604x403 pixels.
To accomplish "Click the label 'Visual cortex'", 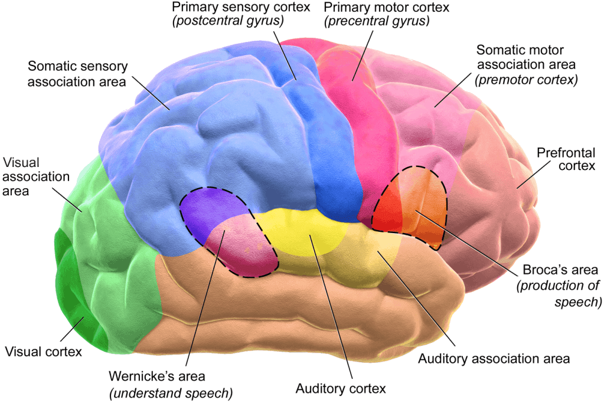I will click(43, 352).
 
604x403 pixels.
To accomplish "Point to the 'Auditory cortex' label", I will click(341, 389).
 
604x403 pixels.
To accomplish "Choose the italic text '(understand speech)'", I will click(171, 392).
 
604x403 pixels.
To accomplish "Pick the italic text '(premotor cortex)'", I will click(526, 79).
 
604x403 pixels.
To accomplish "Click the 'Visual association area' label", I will click(37, 176).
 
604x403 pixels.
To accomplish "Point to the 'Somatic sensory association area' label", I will click(77, 74).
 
